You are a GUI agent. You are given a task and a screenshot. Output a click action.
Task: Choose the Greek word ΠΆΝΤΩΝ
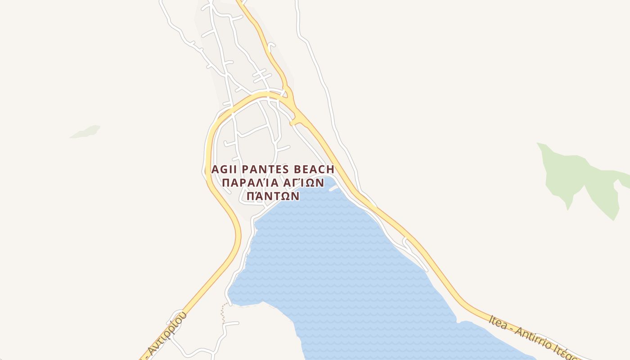(273, 196)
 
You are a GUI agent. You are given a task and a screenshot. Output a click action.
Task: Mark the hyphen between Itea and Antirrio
(511, 328)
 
